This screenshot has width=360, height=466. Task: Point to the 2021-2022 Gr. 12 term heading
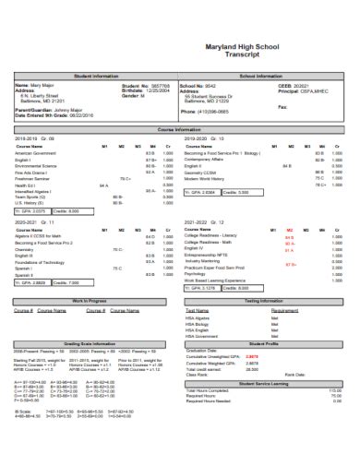204,222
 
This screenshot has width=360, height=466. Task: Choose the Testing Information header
265,301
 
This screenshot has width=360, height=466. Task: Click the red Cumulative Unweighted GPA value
252,357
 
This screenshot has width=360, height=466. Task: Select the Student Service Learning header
265,382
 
